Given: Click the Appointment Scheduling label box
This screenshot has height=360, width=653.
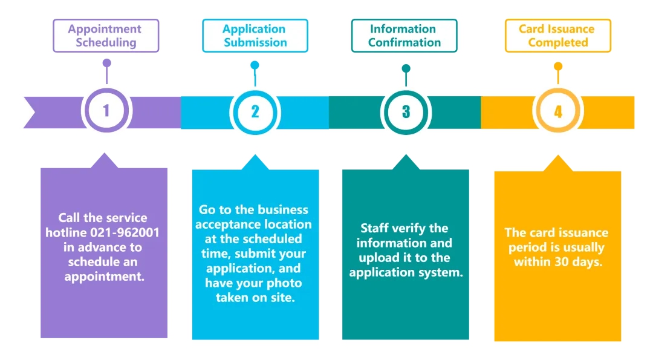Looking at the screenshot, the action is [106, 36].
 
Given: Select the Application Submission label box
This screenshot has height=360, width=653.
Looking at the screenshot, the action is [255, 36].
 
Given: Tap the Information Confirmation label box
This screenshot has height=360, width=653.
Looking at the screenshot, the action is [404, 36].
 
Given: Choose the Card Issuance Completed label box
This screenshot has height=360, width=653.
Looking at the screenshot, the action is [557, 36].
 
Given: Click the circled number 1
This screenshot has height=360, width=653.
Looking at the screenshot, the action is [106, 110].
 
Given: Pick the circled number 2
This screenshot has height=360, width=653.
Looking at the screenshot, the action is [255, 112].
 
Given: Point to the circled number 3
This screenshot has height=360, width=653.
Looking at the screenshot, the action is [406, 112].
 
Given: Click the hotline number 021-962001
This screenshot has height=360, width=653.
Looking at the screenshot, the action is [125, 232].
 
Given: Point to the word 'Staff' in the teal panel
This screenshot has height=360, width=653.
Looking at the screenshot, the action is [372, 228].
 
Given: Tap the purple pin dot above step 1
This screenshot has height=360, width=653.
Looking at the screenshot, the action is [107, 63].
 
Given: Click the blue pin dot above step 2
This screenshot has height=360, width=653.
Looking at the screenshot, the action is [255, 65].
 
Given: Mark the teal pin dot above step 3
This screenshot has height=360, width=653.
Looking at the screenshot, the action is [406, 68].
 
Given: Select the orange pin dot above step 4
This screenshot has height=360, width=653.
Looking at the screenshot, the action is [558, 66].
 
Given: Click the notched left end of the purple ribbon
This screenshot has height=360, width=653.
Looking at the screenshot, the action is [35, 113].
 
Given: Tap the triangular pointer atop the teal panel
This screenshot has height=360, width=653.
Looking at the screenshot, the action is [406, 162].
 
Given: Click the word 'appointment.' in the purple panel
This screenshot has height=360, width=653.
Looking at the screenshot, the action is [105, 277].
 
